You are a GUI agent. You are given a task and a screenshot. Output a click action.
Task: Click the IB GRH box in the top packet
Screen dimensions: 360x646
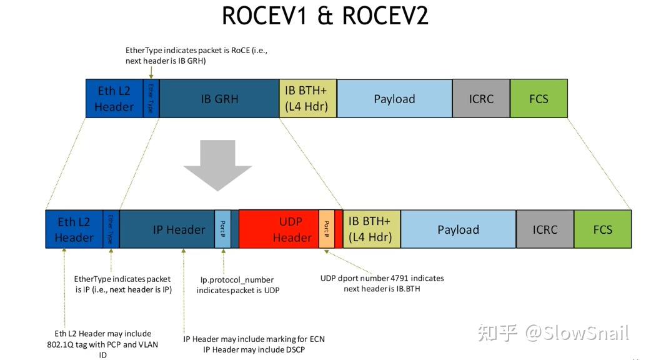(219, 99)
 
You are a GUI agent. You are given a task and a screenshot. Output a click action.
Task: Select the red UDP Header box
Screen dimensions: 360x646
(279, 229)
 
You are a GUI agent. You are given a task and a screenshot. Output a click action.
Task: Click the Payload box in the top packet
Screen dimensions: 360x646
(394, 99)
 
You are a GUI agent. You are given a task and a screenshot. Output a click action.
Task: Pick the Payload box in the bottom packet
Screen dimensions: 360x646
(458, 229)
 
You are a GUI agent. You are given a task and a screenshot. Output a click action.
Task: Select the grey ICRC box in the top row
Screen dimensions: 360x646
(481, 99)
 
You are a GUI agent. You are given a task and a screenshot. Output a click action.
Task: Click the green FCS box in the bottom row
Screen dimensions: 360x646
(602, 229)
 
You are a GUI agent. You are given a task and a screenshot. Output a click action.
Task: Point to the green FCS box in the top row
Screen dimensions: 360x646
(539, 99)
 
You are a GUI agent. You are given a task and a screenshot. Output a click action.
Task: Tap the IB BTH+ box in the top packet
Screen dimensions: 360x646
(308, 99)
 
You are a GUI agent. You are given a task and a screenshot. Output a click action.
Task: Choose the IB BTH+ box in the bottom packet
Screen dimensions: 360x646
(372, 229)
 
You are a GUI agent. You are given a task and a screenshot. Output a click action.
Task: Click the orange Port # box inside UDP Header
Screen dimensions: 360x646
(326, 229)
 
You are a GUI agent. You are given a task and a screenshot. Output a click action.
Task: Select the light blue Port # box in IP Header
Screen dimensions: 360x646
(222, 229)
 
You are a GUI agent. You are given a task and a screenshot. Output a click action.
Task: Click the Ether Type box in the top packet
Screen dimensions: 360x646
(151, 99)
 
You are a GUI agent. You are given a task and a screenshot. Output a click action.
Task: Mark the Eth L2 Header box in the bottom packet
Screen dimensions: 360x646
(74, 229)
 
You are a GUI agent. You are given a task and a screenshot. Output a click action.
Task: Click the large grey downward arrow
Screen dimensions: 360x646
(217, 164)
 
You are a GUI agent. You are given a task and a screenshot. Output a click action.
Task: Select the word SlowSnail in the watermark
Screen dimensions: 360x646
(588, 333)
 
